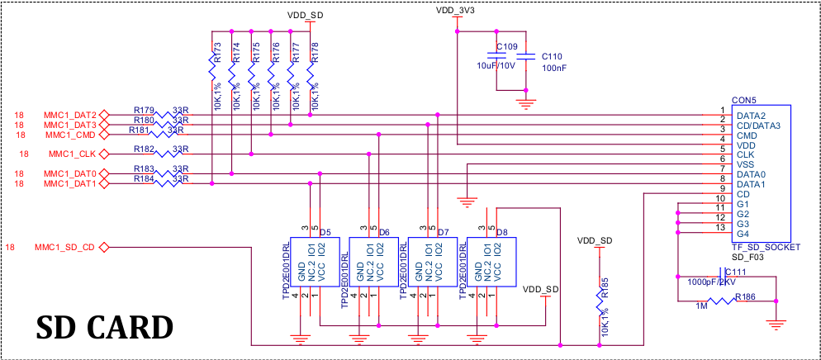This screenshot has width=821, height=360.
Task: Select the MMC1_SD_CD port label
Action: (65, 247)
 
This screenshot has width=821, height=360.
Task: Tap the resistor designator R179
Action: (144, 111)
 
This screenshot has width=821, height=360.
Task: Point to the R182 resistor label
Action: (144, 149)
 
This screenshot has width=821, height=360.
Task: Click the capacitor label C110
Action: (552, 56)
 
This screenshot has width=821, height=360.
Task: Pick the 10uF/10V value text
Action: (496, 66)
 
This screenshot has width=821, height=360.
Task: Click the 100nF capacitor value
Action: (554, 68)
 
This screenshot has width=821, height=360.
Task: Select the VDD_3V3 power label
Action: (457, 10)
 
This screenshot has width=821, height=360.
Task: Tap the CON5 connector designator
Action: (744, 100)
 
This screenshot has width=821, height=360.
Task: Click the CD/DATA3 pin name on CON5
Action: (758, 126)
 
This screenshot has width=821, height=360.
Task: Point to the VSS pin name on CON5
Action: (746, 164)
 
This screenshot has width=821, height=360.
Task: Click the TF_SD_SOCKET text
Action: (766, 247)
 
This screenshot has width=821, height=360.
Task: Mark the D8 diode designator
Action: (501, 232)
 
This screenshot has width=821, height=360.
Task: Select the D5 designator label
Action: (325, 232)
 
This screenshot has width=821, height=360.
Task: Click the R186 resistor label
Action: (745, 297)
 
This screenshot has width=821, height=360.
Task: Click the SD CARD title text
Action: (104, 328)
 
